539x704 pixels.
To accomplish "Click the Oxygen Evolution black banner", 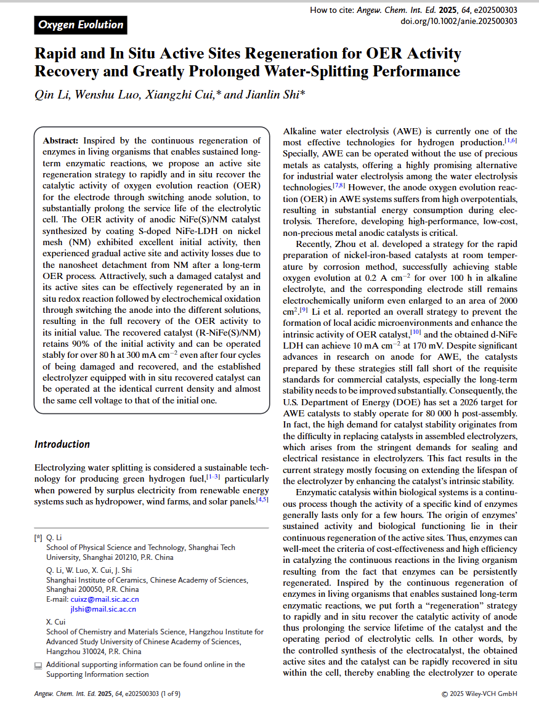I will [81, 25].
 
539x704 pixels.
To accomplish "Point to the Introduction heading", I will [62, 444].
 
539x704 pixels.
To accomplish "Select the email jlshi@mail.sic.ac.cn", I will [103, 609].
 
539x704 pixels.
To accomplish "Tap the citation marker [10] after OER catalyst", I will [416, 333].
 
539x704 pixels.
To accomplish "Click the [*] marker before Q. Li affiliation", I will [38, 538].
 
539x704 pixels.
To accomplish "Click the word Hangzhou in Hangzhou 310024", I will [65, 652].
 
